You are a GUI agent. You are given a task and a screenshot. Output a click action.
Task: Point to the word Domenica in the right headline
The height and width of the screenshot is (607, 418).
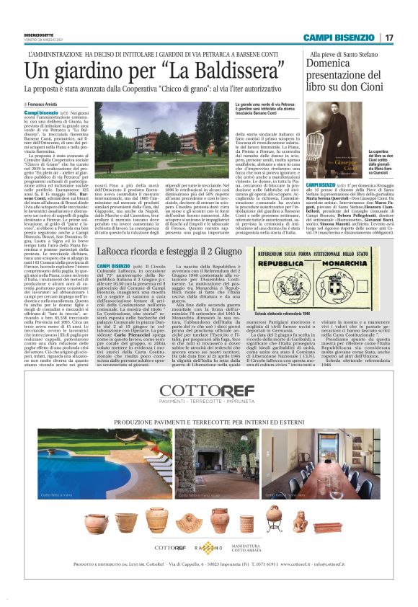click(x=338, y=66)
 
